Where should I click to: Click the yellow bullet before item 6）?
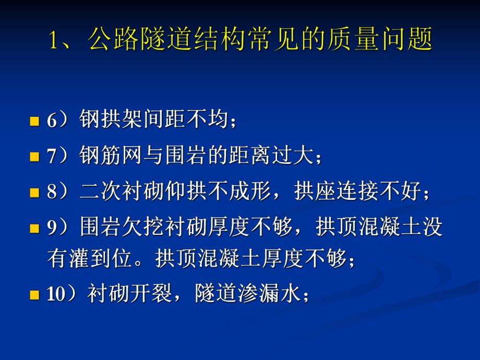coord(35,122)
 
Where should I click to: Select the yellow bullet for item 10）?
coord(35,295)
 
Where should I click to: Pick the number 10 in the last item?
coord(55,295)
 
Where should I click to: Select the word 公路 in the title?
coord(107,41)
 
